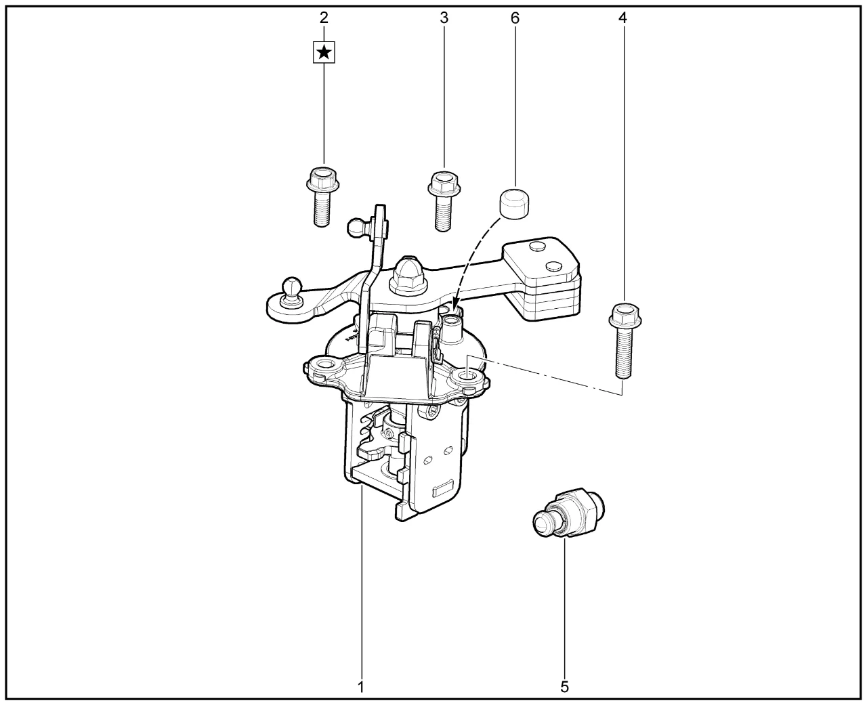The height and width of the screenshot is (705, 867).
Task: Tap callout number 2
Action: tap(324, 18)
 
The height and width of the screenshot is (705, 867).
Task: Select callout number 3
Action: tap(444, 18)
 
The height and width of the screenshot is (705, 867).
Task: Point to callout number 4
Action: tap(622, 18)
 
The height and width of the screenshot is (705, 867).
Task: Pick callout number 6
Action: tap(515, 18)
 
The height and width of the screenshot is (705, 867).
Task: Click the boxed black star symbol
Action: tap(324, 52)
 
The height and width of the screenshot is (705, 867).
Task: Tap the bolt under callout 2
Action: tap(322, 196)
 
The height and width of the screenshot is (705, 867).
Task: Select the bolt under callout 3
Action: tap(443, 201)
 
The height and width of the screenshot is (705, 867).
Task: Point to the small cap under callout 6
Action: tap(514, 204)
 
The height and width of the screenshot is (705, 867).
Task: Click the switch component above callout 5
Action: tap(569, 513)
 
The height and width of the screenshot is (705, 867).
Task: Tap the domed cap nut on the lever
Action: tap(408, 276)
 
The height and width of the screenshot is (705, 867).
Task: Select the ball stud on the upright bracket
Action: tap(359, 226)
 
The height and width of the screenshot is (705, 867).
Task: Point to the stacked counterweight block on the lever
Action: tap(541, 279)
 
